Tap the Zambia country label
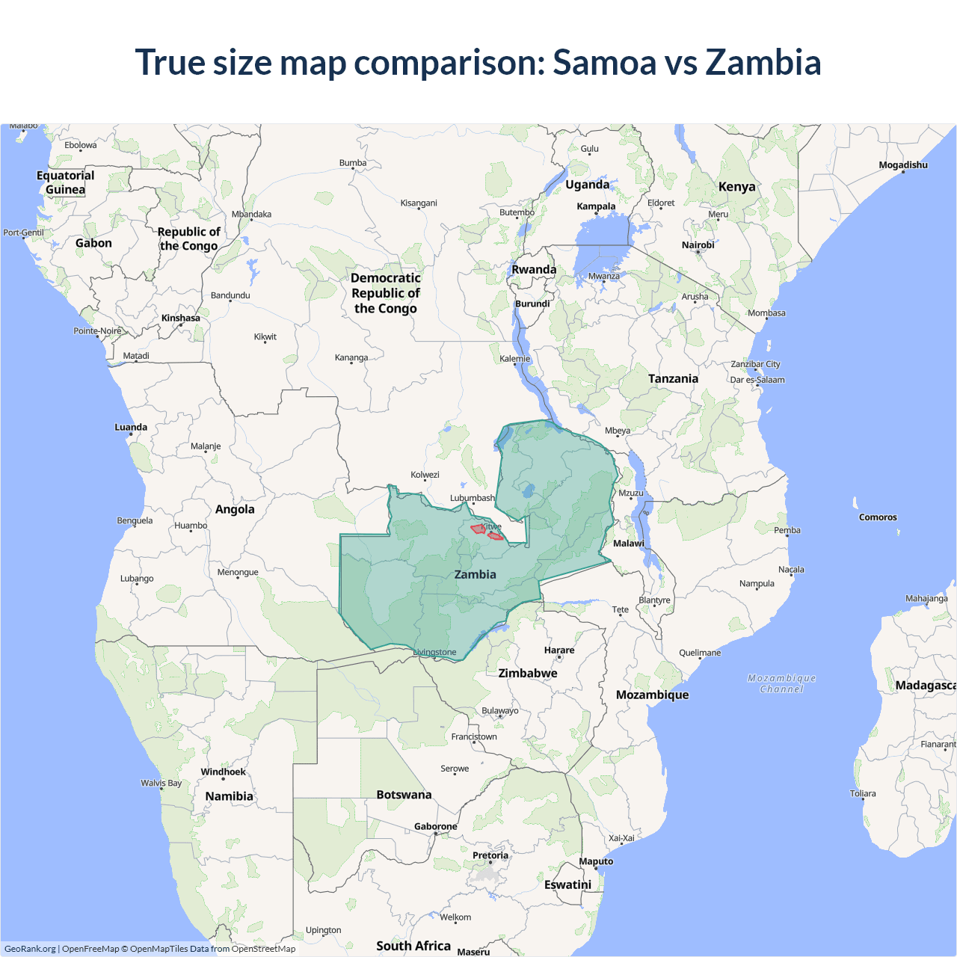475,574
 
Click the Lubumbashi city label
473,498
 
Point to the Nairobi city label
698,245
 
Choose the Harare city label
559,650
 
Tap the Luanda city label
131,428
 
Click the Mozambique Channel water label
781,683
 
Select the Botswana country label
404,795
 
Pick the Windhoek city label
223,772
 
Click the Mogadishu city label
902,165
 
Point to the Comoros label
878,517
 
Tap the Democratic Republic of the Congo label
386,293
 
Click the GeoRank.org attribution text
30,949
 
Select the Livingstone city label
434,653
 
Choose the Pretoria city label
490,855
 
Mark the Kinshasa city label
181,319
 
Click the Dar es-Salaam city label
757,380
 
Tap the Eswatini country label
567,884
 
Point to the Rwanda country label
534,270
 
